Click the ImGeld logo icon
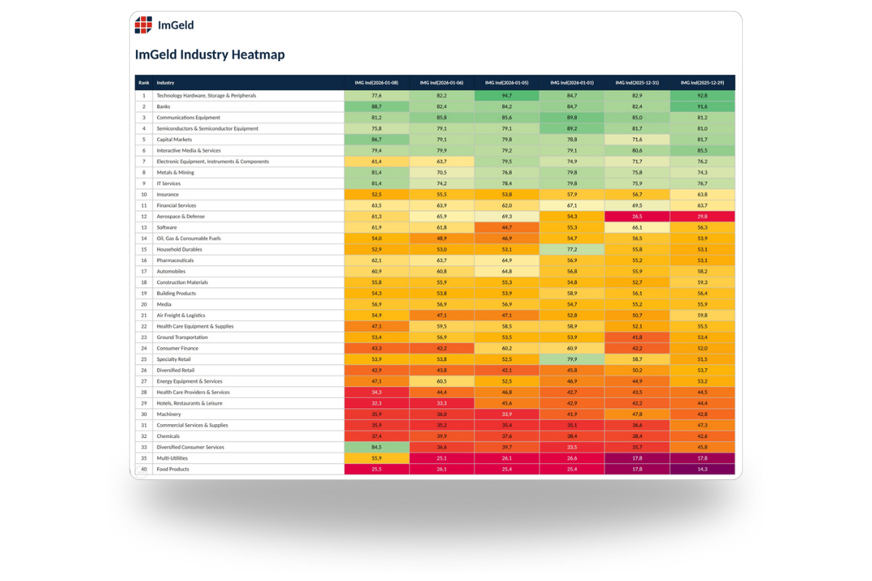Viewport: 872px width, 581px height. coord(144,25)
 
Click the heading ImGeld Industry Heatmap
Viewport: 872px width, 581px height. coord(209,54)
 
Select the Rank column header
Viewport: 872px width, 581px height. coord(144,83)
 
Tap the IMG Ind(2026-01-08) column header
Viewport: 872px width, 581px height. coord(376,83)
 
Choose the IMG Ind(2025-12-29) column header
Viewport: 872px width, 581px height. coord(702,83)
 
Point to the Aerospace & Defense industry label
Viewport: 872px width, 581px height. coord(181,216)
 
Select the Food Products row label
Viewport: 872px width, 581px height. coord(173,469)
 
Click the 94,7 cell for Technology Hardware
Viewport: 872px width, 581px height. coord(506,96)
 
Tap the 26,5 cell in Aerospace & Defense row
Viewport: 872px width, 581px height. coord(637,216)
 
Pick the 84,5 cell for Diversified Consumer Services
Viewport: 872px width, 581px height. coord(376,447)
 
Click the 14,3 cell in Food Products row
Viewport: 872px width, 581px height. coord(702,469)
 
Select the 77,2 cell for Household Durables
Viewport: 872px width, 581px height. coord(572,249)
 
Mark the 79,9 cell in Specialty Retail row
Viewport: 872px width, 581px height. coord(572,359)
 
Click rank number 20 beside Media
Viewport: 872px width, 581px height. coord(144,304)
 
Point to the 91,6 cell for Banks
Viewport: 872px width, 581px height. coord(702,107)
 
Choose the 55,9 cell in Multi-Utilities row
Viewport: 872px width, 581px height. coord(376,458)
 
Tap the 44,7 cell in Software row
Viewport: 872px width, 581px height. coord(506,227)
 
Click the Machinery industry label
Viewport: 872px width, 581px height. coord(169,414)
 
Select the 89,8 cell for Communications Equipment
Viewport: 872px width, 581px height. coord(572,118)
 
